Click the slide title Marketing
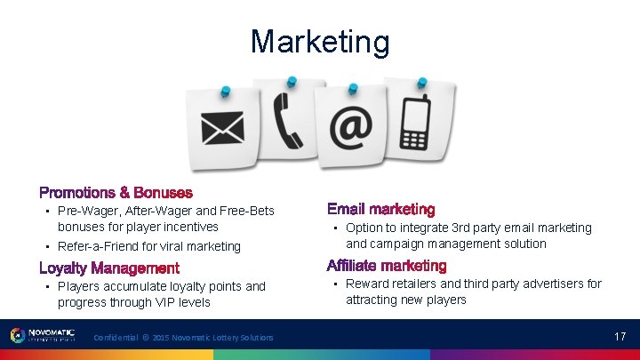point(319,42)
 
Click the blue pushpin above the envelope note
point(226,91)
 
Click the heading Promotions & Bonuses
point(116,192)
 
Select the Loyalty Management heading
point(109,268)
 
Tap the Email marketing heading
point(380,210)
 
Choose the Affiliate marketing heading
point(386,266)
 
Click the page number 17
point(620,337)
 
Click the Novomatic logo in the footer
point(43,335)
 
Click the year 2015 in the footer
point(161,338)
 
